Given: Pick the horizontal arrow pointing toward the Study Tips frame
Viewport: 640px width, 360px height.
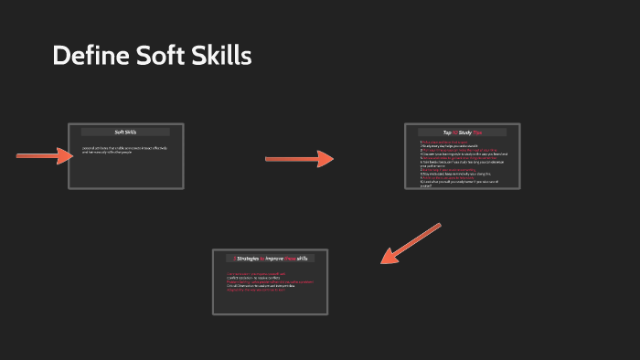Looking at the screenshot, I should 299,159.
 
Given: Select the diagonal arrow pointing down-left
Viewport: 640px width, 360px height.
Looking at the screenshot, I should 410,243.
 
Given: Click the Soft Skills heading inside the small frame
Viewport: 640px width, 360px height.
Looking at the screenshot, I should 125,132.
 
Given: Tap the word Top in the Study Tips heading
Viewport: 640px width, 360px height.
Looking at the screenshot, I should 448,132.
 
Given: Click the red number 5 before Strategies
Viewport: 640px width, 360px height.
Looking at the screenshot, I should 234,259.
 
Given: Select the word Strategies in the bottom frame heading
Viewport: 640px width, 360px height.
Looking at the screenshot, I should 251,259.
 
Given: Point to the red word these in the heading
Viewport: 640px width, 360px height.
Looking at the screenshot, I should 300,259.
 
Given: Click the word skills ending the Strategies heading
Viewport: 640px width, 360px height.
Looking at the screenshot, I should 315,259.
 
